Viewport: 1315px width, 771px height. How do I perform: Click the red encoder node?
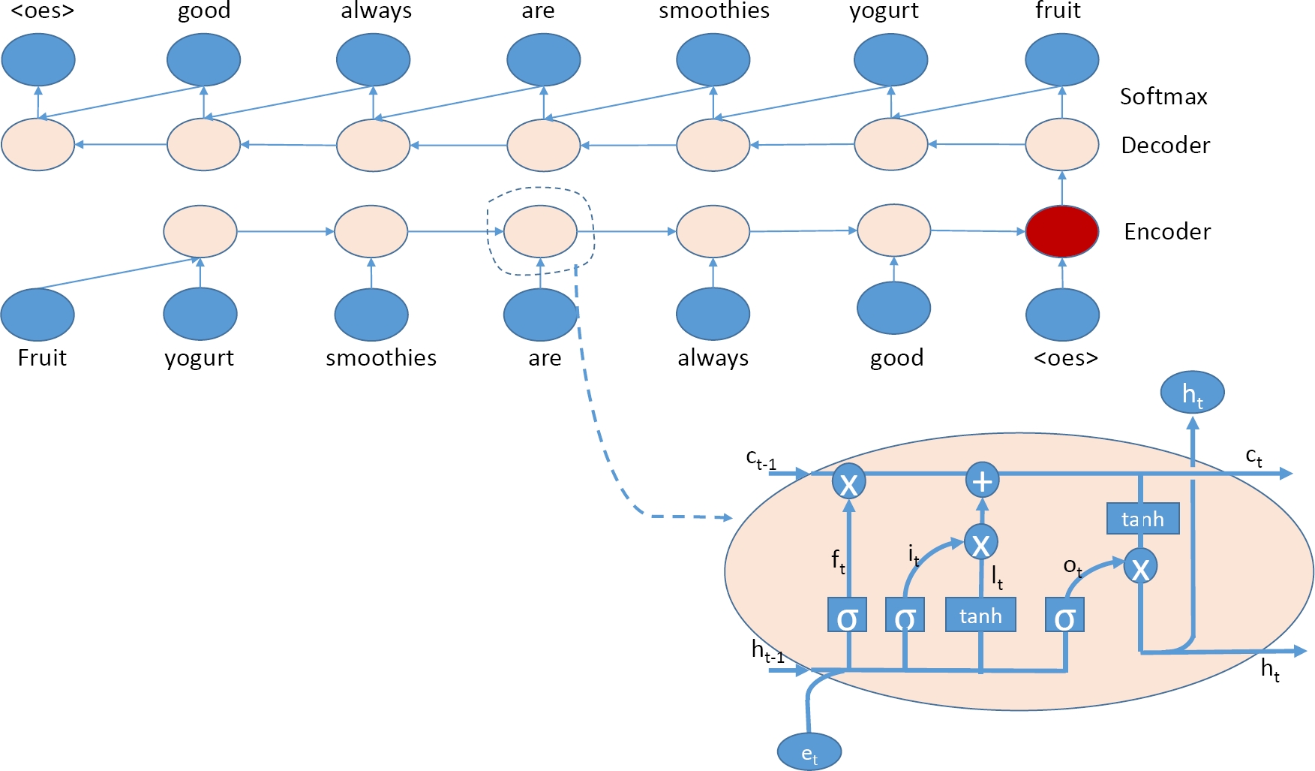pyautogui.click(x=1061, y=231)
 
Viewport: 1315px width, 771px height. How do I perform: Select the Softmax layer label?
pyautogui.click(x=1163, y=97)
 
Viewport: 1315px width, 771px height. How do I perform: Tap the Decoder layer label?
pyautogui.click(x=1165, y=146)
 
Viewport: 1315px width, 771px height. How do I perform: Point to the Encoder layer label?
pyautogui.click(x=1166, y=232)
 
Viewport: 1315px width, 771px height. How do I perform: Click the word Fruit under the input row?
pyautogui.click(x=42, y=358)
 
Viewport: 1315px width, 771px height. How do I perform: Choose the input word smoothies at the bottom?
pyautogui.click(x=381, y=358)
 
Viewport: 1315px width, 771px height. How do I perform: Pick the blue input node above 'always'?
pyautogui.click(x=713, y=315)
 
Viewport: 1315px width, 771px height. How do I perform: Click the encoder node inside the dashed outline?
pyautogui.click(x=540, y=231)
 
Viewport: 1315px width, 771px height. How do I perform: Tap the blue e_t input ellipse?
pyautogui.click(x=809, y=751)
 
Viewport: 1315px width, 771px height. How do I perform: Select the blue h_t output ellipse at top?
pyautogui.click(x=1192, y=393)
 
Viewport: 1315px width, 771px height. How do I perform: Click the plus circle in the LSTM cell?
pyautogui.click(x=982, y=480)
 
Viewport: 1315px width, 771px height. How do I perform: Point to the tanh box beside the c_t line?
pyautogui.click(x=1142, y=519)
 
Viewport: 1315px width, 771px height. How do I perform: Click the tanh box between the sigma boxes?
pyautogui.click(x=980, y=616)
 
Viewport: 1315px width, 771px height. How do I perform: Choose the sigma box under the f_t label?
pyautogui.click(x=847, y=616)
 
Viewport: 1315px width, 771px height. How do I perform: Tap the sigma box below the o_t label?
pyautogui.click(x=1064, y=616)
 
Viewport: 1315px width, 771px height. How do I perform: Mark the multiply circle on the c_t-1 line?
pyautogui.click(x=848, y=481)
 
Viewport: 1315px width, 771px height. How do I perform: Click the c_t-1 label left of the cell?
pyautogui.click(x=761, y=459)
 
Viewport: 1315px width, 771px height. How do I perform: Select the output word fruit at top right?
pyautogui.click(x=1058, y=11)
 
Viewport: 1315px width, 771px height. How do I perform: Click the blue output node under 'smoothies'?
pyautogui.click(x=713, y=60)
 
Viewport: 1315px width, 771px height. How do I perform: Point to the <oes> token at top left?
pyautogui.click(x=42, y=11)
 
